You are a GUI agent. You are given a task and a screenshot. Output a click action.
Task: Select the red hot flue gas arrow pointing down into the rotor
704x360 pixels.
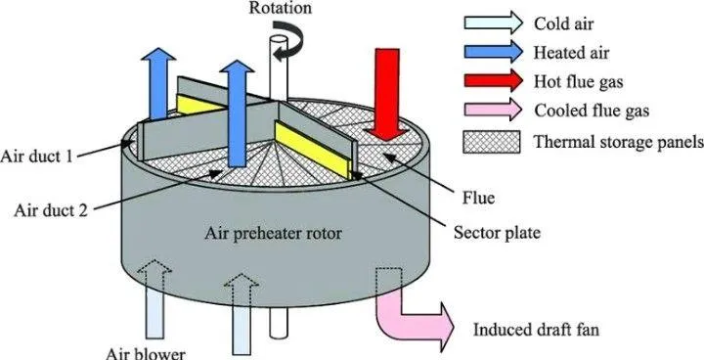(x=386, y=94)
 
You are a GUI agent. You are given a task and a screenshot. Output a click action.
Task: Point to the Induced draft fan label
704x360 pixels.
(x=536, y=331)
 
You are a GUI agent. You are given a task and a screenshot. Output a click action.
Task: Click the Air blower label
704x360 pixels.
(x=145, y=354)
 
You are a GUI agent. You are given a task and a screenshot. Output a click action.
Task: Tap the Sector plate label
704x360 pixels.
(x=497, y=233)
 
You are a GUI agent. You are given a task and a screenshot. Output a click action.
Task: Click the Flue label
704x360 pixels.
(x=478, y=197)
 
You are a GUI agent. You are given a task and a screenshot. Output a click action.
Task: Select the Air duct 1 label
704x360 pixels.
(x=36, y=157)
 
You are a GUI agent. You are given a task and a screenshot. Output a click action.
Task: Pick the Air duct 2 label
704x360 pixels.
(x=50, y=210)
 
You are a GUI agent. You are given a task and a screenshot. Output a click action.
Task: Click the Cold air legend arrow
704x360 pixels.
(x=493, y=22)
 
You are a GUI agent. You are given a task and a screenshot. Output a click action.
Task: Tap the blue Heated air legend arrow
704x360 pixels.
(x=493, y=52)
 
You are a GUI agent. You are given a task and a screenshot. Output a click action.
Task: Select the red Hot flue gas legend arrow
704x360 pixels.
(x=493, y=81)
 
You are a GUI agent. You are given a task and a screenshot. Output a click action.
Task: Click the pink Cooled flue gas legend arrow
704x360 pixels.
(x=493, y=111)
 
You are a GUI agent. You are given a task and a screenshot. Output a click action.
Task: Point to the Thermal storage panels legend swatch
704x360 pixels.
(x=492, y=142)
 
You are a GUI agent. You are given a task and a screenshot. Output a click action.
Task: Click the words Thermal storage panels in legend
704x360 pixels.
(x=619, y=143)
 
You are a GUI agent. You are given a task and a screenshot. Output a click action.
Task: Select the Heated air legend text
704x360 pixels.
(x=571, y=53)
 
